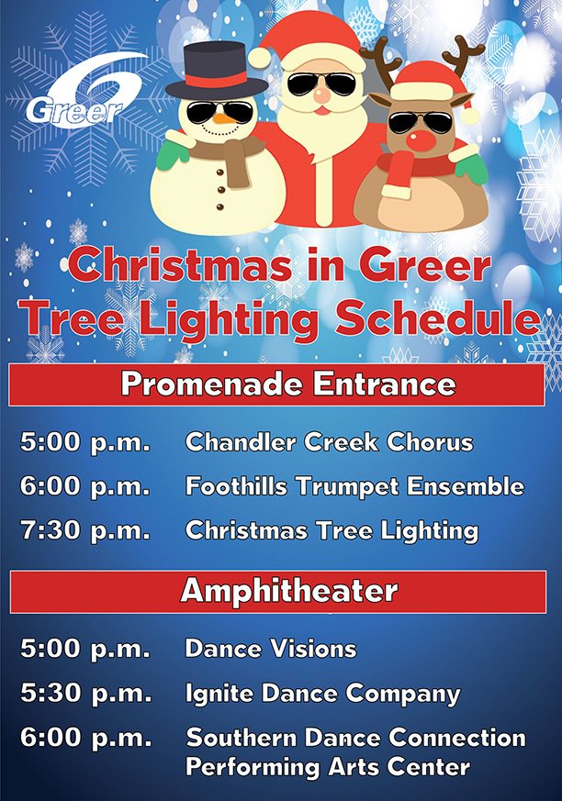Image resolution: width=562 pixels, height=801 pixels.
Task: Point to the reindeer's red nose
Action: click(421, 140)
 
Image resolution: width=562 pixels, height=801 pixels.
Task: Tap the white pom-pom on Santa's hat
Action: click(260, 57)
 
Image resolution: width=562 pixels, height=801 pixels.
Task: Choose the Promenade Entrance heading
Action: click(287, 384)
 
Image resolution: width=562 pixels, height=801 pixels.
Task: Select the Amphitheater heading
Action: click(288, 590)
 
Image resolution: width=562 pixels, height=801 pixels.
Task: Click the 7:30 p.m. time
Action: click(84, 530)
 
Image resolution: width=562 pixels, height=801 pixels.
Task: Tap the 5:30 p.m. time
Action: click(84, 694)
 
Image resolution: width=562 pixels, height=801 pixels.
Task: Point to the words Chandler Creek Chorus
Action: click(329, 442)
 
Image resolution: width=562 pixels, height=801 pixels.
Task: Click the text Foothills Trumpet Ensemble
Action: click(354, 486)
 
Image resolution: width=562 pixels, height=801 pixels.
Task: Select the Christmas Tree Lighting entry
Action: click(332, 530)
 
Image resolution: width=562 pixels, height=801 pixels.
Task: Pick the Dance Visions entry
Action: click(270, 649)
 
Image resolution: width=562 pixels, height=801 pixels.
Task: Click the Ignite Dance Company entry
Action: click(322, 694)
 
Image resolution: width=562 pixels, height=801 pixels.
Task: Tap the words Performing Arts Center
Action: click(328, 766)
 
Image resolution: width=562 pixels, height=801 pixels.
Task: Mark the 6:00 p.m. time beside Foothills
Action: click(84, 486)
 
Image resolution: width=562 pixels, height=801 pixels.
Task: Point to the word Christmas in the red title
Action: click(174, 267)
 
